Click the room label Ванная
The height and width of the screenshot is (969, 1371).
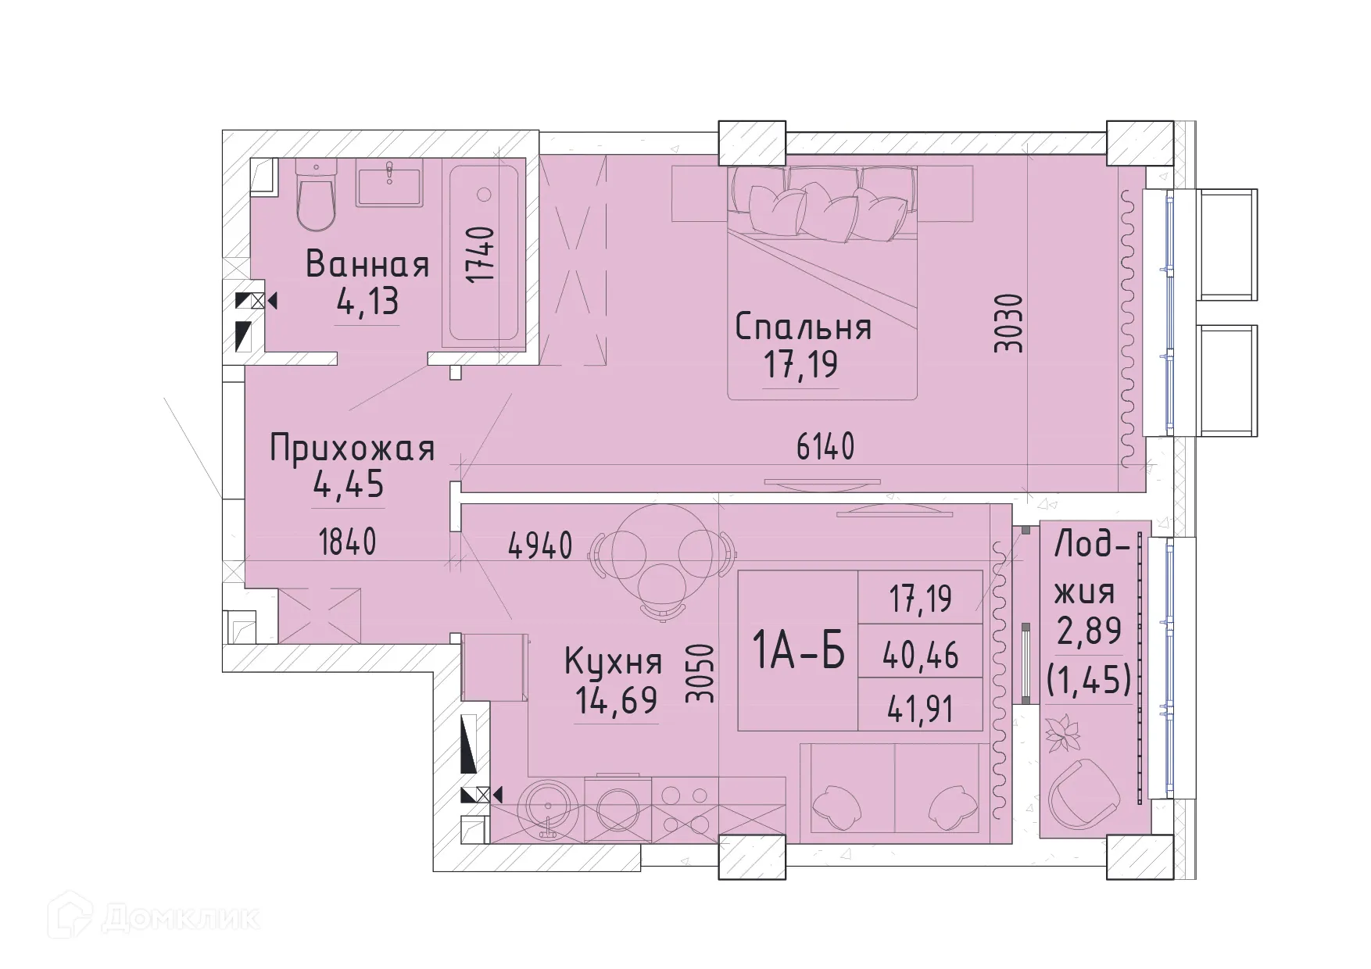[367, 264]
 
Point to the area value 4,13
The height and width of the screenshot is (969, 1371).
[367, 302]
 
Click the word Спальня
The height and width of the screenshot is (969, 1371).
[803, 327]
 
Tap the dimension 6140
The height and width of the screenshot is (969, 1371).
[825, 448]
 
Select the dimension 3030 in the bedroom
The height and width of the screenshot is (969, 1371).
[1009, 323]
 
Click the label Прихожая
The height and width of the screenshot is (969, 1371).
[352, 450]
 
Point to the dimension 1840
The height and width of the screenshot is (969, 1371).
[348, 542]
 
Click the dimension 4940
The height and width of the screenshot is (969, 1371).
[540, 545]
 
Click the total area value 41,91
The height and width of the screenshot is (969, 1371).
[921, 710]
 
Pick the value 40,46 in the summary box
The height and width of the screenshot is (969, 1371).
[921, 655]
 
